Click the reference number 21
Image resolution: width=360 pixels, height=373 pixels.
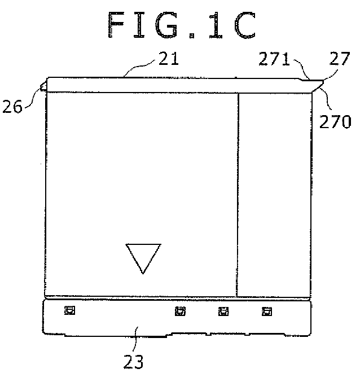(169, 59)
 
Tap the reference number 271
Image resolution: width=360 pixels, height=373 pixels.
(274, 59)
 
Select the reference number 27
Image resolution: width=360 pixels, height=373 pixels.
(340, 58)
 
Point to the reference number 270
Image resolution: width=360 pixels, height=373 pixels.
(335, 121)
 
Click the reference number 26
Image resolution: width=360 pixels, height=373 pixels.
(12, 106)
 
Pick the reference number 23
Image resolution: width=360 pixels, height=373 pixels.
(134, 362)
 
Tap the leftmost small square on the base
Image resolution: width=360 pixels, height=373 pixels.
(70, 310)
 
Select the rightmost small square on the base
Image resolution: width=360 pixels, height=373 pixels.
(267, 311)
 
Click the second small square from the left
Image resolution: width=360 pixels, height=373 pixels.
(180, 311)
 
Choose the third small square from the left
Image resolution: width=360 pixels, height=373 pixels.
(223, 311)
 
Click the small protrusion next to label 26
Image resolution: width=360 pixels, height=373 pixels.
(43, 86)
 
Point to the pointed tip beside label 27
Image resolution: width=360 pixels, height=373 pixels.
(323, 82)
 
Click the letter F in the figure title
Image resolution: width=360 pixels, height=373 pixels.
(117, 25)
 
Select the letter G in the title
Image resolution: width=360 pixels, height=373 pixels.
(167, 25)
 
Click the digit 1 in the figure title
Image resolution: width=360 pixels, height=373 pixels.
(216, 25)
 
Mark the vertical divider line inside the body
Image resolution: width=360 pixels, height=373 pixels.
(238, 195)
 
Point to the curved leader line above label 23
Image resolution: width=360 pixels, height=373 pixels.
(137, 339)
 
